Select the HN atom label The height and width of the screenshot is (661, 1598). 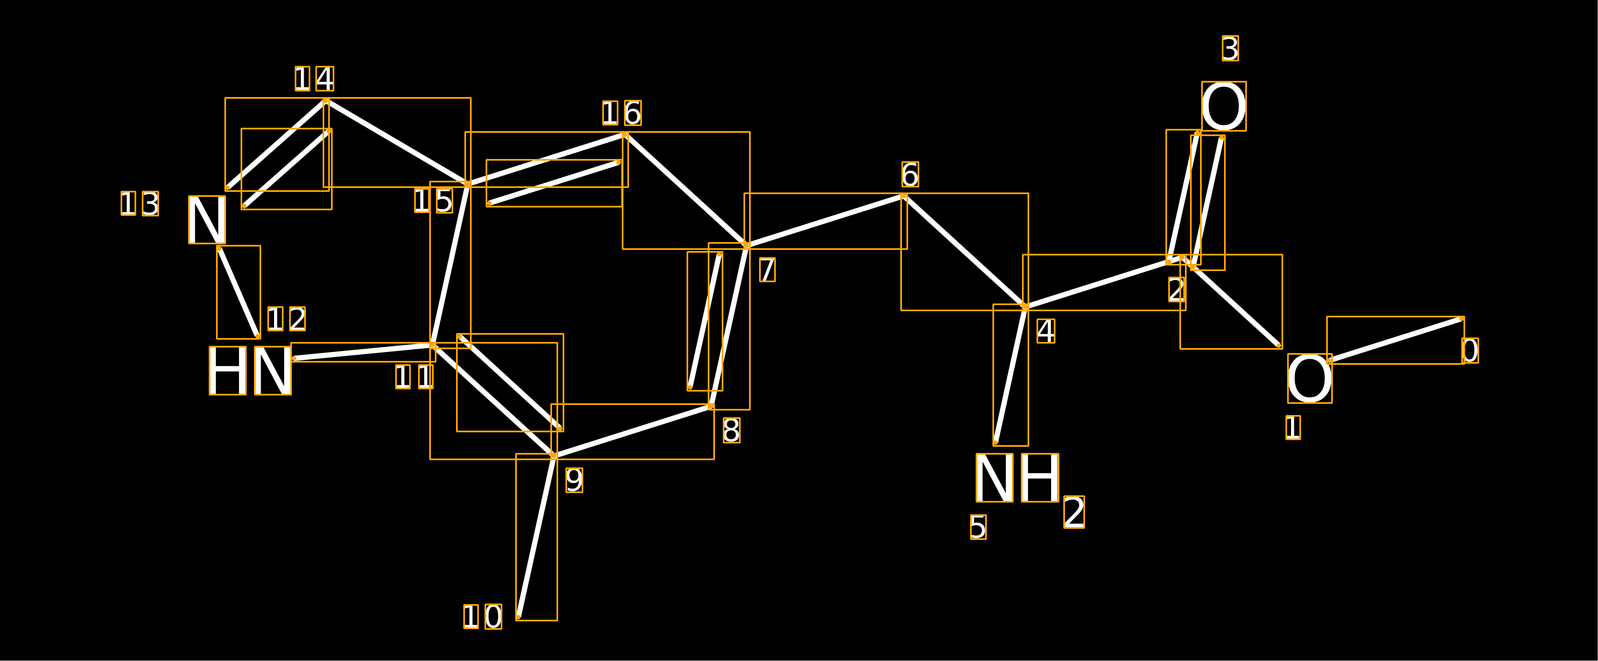pos(250,371)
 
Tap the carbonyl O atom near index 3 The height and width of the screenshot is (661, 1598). pos(1223,106)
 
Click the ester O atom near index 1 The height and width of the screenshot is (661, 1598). pos(1309,378)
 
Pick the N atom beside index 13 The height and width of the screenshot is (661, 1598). pos(207,220)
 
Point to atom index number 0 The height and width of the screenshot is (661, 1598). pos(1470,350)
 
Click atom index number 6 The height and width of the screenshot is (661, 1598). pos(910,174)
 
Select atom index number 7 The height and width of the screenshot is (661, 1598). pos(767,270)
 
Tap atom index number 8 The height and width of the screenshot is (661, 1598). pos(731,430)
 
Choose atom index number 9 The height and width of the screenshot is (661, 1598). pos(574,480)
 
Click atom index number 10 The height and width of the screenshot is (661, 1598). pos(483,616)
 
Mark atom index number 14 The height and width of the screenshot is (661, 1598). pos(314,79)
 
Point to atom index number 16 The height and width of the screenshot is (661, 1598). pos(622,113)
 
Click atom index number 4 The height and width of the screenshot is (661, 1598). pos(1045,331)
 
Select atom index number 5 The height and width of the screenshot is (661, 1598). pos(978,527)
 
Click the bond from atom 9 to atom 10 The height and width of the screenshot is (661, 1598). pos(536,537)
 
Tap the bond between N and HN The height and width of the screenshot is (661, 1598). pos(238,292)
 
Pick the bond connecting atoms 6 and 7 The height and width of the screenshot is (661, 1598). pos(826,221)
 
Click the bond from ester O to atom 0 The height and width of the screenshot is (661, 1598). pos(1396,340)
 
